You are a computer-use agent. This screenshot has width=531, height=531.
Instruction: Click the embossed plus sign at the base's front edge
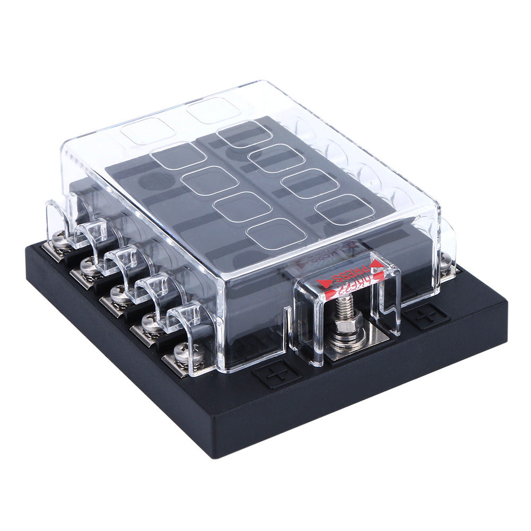(276, 376)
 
